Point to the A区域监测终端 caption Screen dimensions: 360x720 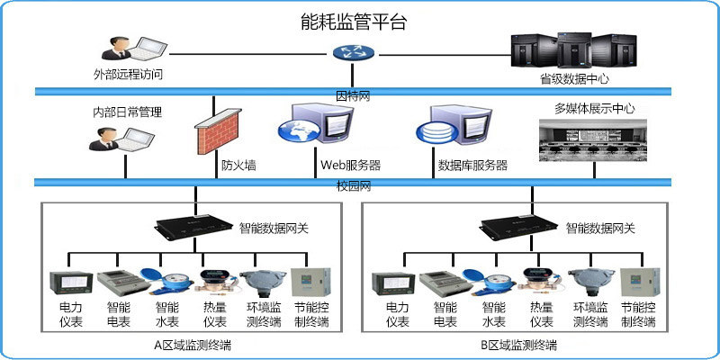click(x=193, y=345)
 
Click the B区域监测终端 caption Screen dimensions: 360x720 click(x=517, y=345)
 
